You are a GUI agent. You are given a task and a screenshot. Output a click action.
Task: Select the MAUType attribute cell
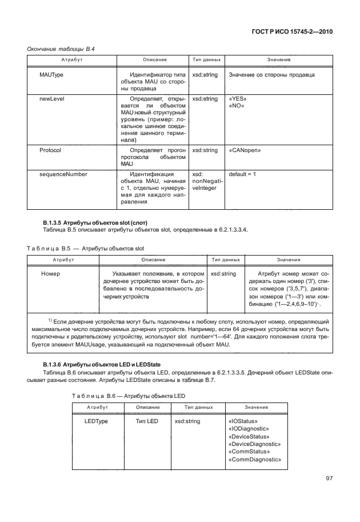pos(51,75)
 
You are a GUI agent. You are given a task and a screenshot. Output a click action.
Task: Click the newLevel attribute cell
pos(51,99)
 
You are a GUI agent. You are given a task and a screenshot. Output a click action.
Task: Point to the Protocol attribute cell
pos(50,150)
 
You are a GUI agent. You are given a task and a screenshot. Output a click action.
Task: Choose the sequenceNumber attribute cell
pos(63,173)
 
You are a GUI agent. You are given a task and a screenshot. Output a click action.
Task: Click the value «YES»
pos(237,99)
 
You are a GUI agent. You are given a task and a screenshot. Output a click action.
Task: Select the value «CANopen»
pos(245,150)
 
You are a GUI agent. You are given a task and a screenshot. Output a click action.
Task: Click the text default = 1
pos(242,173)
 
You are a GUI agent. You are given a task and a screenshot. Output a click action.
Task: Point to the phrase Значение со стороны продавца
pos(271,75)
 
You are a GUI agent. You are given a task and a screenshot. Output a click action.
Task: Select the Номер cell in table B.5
pos(51,274)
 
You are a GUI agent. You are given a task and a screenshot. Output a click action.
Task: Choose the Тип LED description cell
pos(146,421)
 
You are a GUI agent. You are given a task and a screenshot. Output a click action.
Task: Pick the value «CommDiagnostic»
pos(254,459)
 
